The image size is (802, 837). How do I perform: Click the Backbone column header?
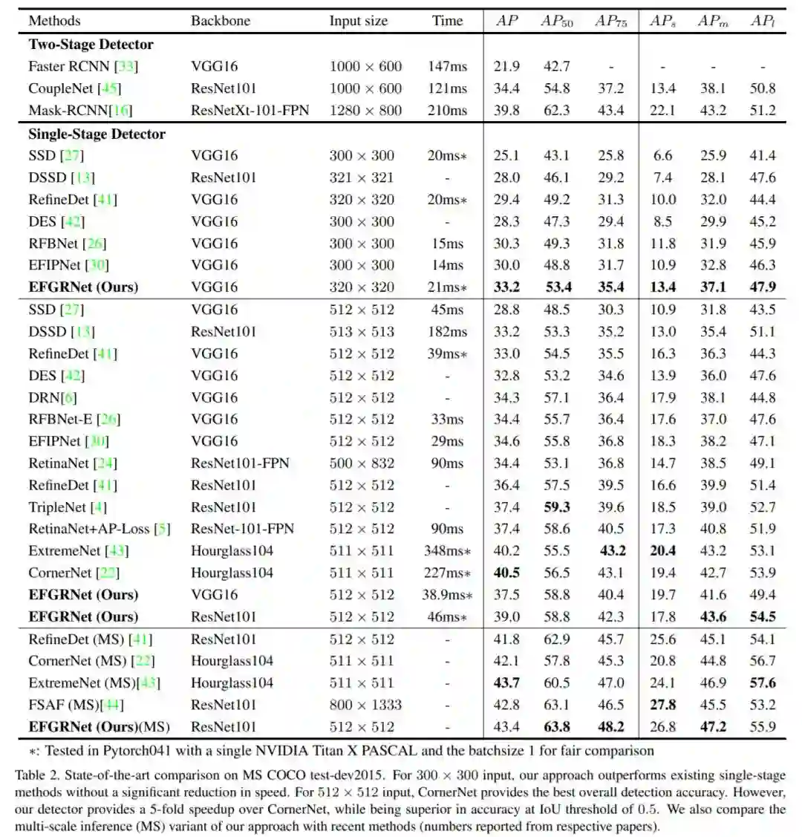click(x=221, y=21)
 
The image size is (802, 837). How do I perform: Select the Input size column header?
click(x=358, y=21)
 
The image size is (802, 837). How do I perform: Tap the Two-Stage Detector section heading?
click(x=91, y=45)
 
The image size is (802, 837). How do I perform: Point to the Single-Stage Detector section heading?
click(x=97, y=134)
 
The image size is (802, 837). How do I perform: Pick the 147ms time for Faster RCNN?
click(x=447, y=67)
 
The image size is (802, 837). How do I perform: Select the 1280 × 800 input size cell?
click(x=365, y=111)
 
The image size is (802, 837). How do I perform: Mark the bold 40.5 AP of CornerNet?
click(x=506, y=573)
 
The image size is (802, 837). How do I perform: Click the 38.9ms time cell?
click(x=449, y=595)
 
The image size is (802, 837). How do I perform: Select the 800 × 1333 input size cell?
click(x=365, y=705)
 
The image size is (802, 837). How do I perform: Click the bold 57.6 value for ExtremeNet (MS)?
click(x=763, y=683)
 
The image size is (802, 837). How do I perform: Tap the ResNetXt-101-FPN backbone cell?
click(x=250, y=111)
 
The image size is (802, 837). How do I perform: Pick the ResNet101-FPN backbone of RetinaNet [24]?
click(x=240, y=463)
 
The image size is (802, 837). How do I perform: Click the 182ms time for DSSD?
click(x=447, y=332)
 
